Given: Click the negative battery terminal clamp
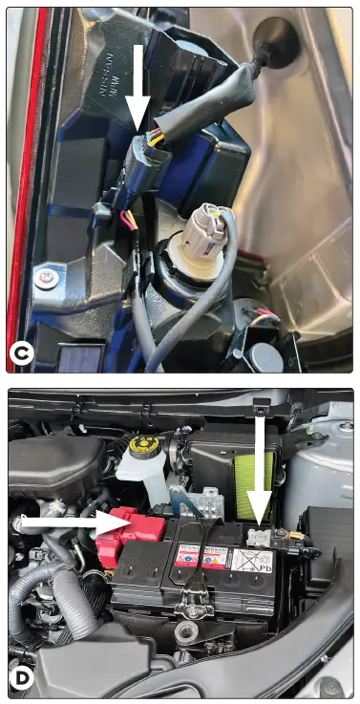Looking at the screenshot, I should (x=259, y=537).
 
